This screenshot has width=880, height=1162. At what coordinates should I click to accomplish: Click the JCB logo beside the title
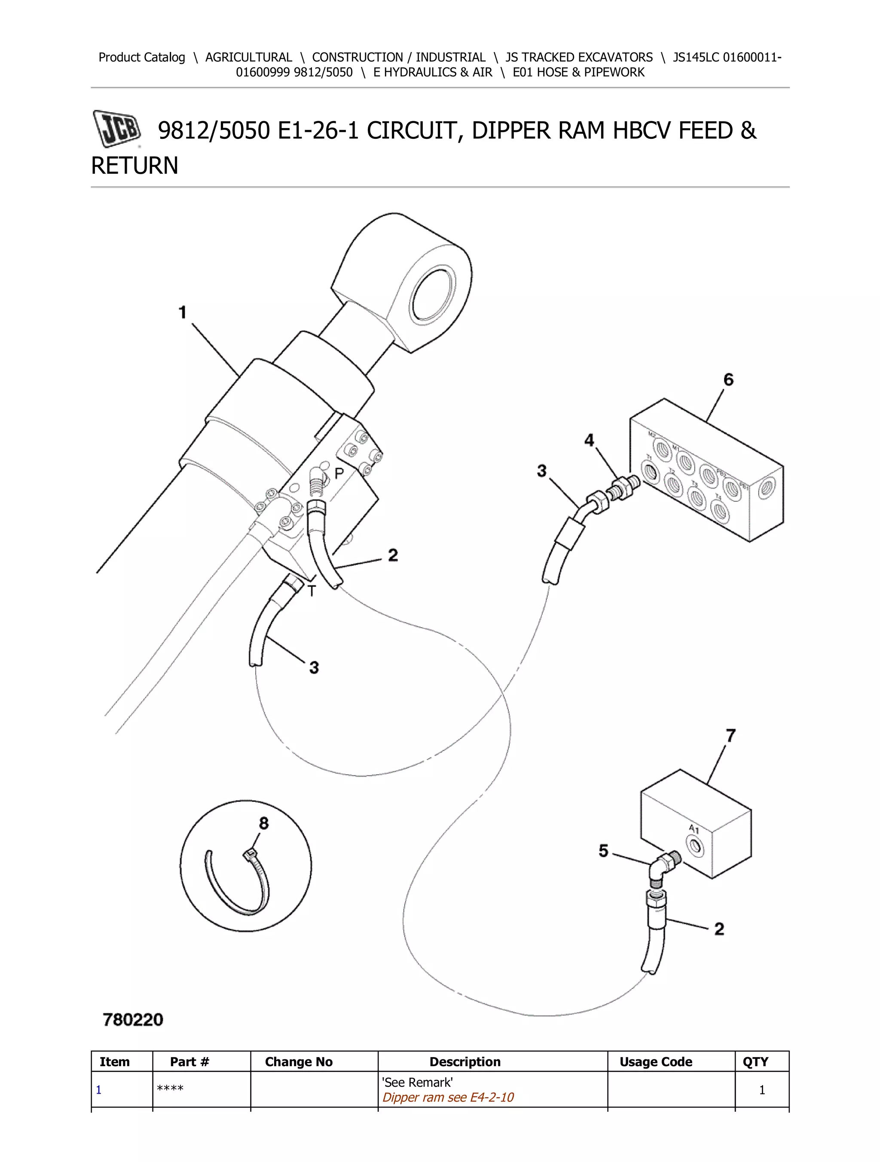pyautogui.click(x=117, y=128)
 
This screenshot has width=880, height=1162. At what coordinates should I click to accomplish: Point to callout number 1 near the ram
pyautogui.click(x=182, y=313)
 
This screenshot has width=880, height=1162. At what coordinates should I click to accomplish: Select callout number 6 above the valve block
pyautogui.click(x=728, y=380)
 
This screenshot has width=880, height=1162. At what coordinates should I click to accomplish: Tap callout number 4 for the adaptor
pyautogui.click(x=589, y=440)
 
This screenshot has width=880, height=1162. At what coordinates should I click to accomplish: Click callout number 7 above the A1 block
pyautogui.click(x=730, y=736)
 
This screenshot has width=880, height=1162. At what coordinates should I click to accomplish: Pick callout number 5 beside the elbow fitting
pyautogui.click(x=603, y=850)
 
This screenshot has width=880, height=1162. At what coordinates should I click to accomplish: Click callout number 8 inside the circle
pyautogui.click(x=263, y=823)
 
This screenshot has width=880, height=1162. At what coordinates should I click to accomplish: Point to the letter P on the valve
pyautogui.click(x=339, y=473)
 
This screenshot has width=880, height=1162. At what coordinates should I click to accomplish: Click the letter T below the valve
pyautogui.click(x=312, y=592)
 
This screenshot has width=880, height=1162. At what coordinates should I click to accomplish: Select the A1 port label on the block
pyautogui.click(x=694, y=829)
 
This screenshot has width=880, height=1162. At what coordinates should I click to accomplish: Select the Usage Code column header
pyautogui.click(x=656, y=1062)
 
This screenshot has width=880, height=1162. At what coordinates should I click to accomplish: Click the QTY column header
pyautogui.click(x=755, y=1062)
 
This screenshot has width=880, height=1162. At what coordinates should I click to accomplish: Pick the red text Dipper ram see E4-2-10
pyautogui.click(x=448, y=1098)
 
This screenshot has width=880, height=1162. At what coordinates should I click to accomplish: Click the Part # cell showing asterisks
pyautogui.click(x=170, y=1089)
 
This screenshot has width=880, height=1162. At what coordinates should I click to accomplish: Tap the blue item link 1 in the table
pyautogui.click(x=99, y=1090)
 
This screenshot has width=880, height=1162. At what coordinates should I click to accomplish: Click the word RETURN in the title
pyautogui.click(x=135, y=166)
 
